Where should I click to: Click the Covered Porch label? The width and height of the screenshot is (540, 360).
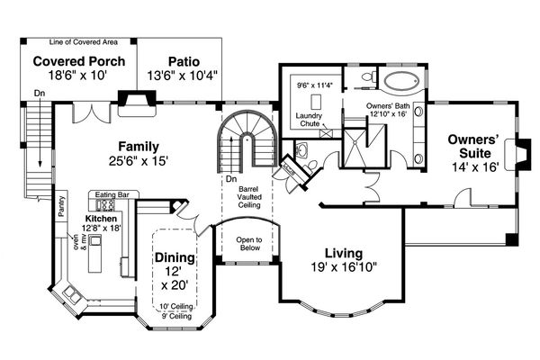(79, 61)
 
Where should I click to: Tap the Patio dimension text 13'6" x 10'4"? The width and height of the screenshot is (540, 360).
(183, 75)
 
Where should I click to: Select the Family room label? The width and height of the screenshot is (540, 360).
(139, 147)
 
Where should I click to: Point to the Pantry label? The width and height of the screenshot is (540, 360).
(61, 206)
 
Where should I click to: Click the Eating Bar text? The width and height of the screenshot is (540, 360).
(112, 195)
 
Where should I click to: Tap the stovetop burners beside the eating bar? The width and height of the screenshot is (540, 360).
(105, 205)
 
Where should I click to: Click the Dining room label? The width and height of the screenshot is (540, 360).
(175, 257)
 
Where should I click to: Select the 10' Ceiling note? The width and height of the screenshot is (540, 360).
(176, 306)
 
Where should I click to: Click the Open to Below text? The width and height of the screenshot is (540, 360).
(249, 244)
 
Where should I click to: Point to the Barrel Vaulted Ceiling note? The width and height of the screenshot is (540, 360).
(249, 197)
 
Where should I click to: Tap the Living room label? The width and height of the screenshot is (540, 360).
(344, 254)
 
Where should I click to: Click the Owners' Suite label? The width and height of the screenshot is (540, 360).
(474, 146)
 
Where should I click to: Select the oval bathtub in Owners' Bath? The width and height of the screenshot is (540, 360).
(402, 81)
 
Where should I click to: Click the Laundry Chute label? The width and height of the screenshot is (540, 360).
(309, 120)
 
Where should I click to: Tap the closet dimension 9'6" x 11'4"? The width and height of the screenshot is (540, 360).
(316, 85)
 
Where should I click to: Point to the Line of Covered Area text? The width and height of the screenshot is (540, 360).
(84, 42)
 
